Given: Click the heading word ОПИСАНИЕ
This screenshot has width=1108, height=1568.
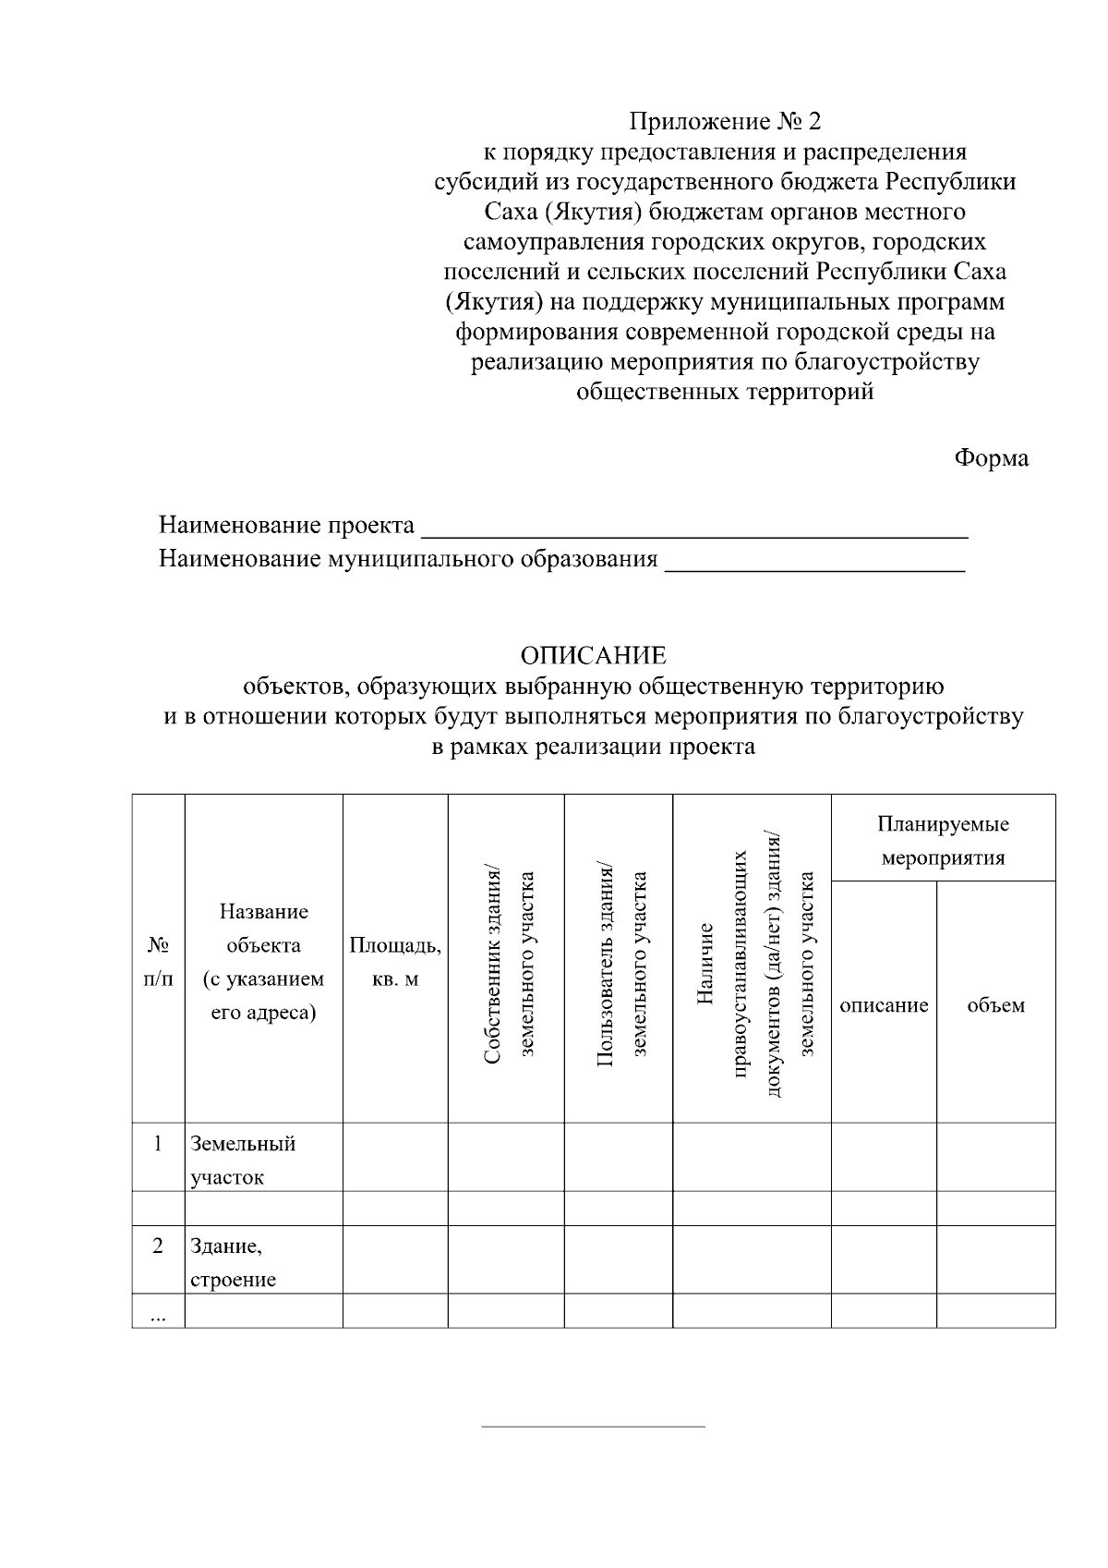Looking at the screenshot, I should pyautogui.click(x=593, y=656).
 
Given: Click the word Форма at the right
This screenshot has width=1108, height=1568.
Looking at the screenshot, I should pyautogui.click(x=991, y=458).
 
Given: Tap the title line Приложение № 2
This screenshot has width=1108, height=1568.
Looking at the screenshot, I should pyautogui.click(x=724, y=121).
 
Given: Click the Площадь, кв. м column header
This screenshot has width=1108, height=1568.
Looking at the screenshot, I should pyautogui.click(x=395, y=962).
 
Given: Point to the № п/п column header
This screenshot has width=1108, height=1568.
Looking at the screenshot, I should pyautogui.click(x=158, y=962).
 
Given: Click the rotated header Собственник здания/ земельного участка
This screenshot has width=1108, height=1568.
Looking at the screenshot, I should pyautogui.click(x=506, y=962).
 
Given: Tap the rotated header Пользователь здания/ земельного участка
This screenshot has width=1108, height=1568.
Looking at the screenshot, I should pyautogui.click(x=619, y=962).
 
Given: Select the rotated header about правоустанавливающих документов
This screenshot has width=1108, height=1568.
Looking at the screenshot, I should pyautogui.click(x=753, y=962).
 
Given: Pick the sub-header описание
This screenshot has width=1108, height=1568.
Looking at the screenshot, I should pyautogui.click(x=884, y=1005).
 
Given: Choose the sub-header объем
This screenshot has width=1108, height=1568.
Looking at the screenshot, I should pyautogui.click(x=995, y=1005).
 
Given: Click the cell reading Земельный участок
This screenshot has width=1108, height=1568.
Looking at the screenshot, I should pyautogui.click(x=243, y=1160).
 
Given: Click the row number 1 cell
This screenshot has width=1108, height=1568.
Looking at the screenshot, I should pyautogui.click(x=158, y=1144).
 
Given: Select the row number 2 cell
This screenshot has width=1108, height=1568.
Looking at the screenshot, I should pyautogui.click(x=158, y=1246).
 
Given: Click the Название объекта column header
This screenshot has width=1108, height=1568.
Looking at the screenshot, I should pyautogui.click(x=263, y=962).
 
